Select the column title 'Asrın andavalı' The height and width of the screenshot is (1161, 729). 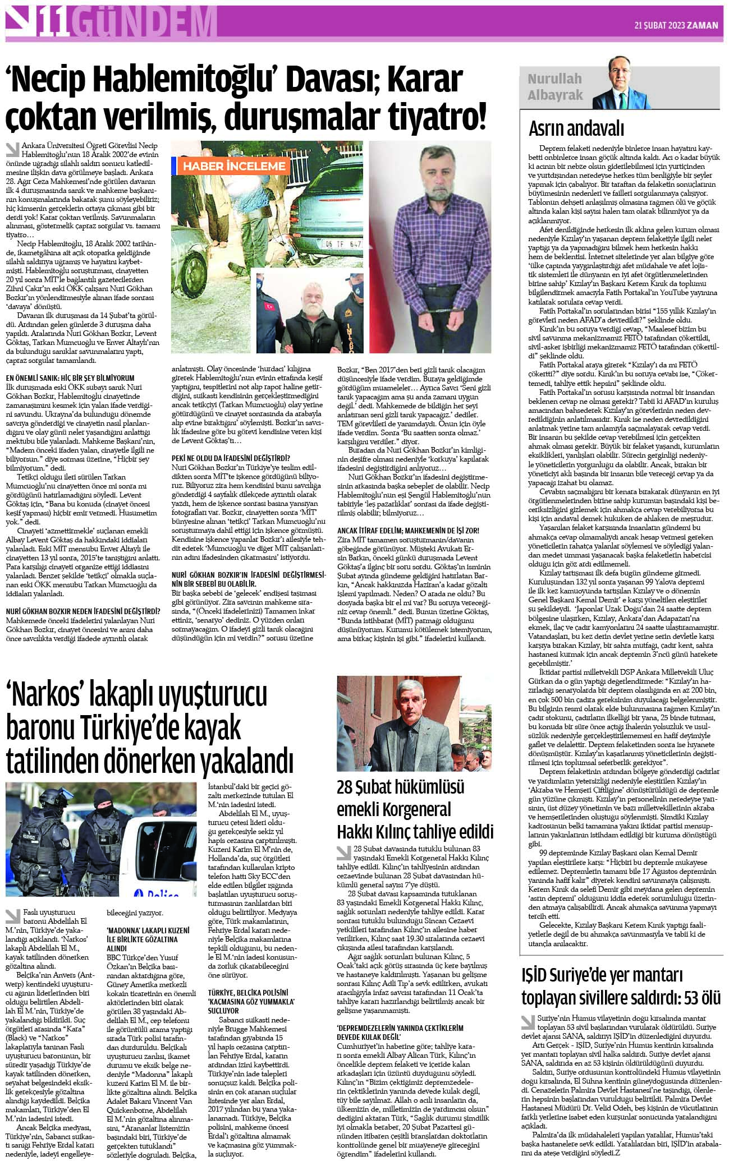[576, 129]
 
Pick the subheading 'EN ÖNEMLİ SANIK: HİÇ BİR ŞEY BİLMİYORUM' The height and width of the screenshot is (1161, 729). [71, 379]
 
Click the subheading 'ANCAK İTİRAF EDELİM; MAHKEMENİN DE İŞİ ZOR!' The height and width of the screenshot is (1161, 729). [408, 530]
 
